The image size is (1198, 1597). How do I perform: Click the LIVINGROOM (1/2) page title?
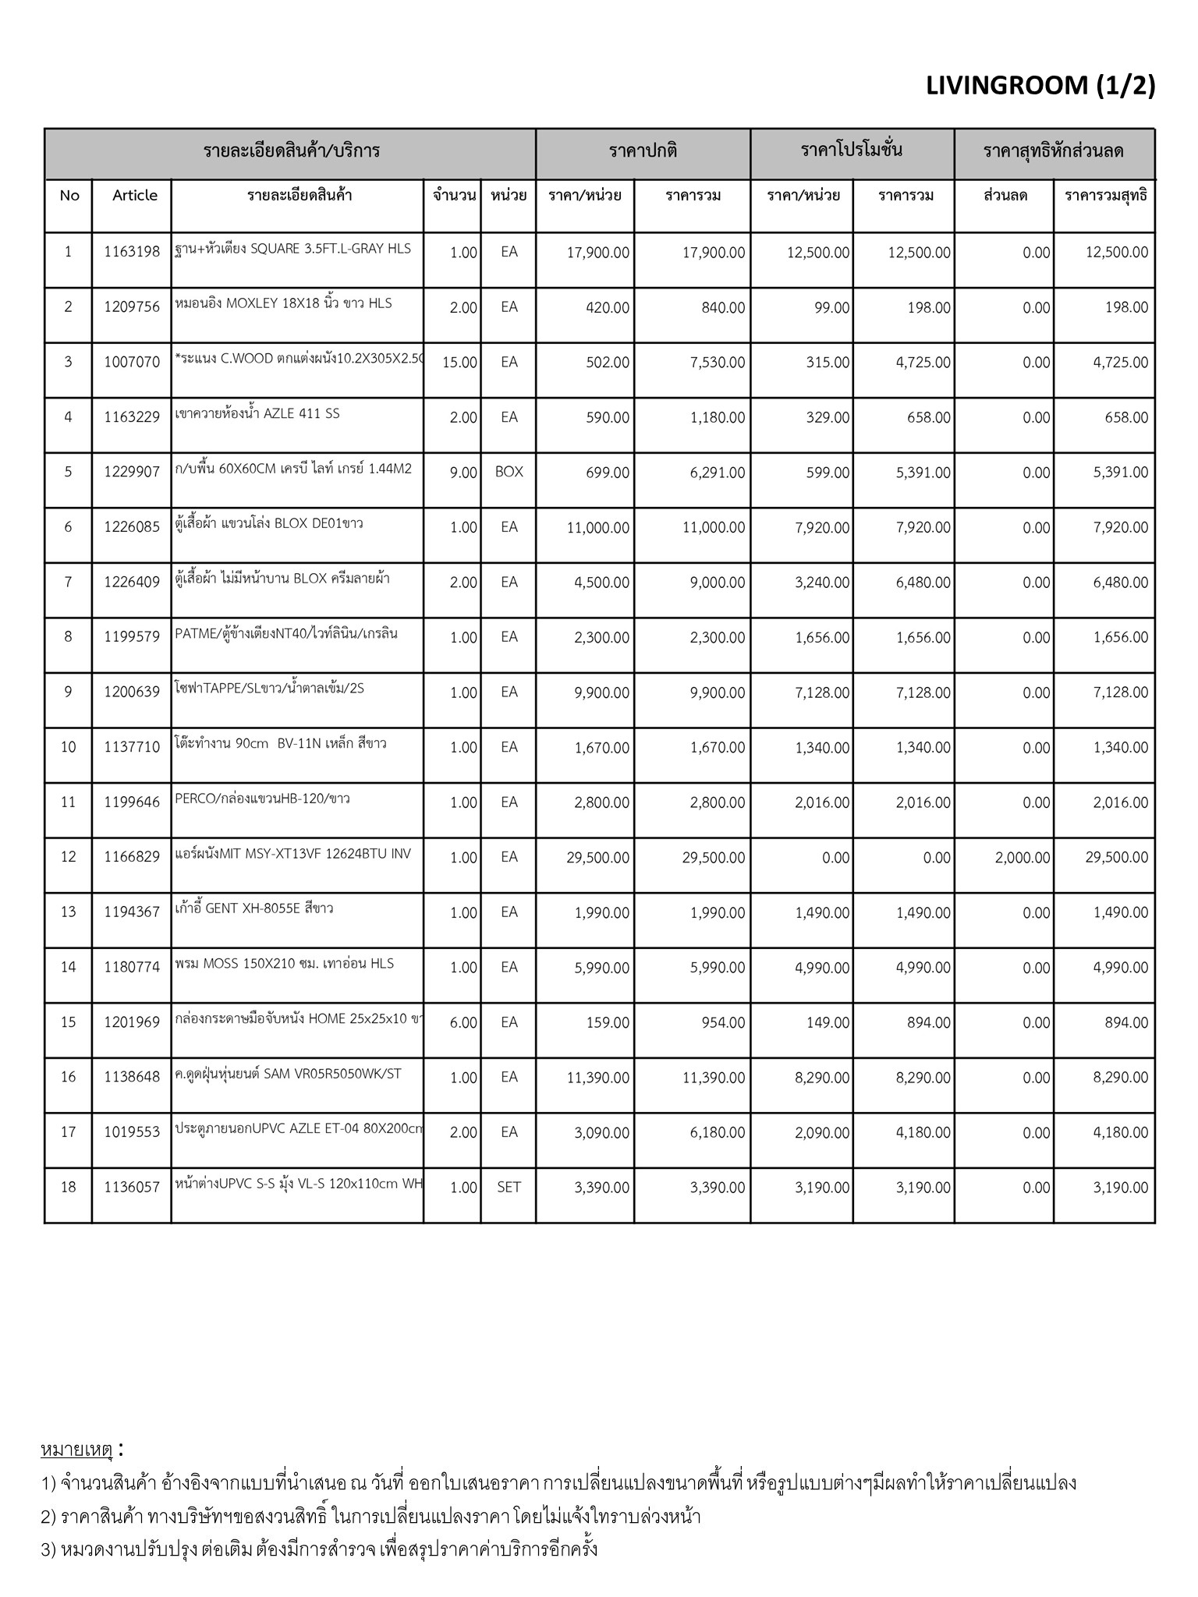(x=1040, y=86)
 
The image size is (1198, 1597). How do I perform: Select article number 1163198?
(x=132, y=252)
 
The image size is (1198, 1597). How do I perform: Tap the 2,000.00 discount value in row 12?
(x=1022, y=858)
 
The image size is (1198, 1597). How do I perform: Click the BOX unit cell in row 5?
(x=509, y=472)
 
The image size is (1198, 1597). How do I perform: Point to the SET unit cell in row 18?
(x=509, y=1188)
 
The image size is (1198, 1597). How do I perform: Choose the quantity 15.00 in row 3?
(x=459, y=362)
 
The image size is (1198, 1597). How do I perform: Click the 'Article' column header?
(x=135, y=195)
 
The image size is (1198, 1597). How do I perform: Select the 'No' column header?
(x=69, y=195)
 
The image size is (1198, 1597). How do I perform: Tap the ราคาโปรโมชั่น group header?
(x=852, y=150)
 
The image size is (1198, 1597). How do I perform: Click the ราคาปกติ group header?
(x=643, y=150)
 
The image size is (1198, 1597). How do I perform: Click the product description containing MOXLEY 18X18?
(x=284, y=303)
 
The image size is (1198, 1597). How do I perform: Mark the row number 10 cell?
(x=69, y=747)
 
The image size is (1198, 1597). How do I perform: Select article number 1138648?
(x=132, y=1078)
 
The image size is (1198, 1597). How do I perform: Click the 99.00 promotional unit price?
(x=831, y=308)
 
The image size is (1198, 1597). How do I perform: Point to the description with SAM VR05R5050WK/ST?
(x=289, y=1074)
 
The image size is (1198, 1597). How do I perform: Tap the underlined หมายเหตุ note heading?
(x=77, y=1450)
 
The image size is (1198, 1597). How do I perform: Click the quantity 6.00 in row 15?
(x=463, y=1022)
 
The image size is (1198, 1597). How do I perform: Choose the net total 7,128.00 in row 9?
(x=1119, y=692)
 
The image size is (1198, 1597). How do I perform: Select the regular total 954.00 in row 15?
(x=725, y=1022)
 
